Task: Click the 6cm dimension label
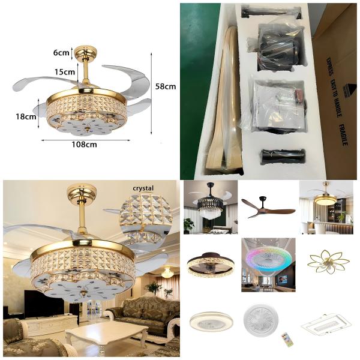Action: coord(61,52)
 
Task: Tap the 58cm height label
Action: coord(166,86)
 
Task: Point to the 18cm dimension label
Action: coord(26,116)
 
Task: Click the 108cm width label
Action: coord(84,144)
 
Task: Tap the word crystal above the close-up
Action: coord(143,188)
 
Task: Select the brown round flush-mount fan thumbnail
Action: coord(210,263)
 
